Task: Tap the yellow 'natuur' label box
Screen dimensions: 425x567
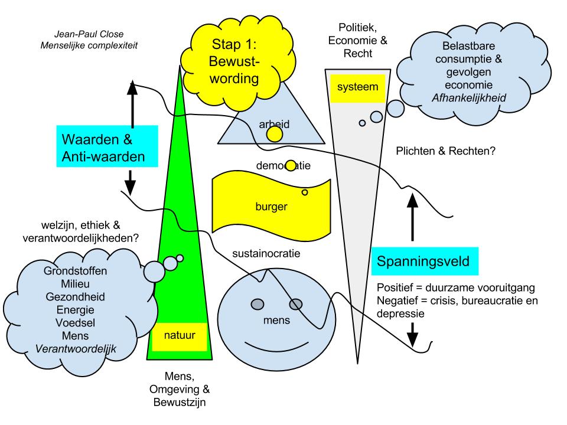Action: tap(180, 337)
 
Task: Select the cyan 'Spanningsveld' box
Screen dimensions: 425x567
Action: tap(425, 260)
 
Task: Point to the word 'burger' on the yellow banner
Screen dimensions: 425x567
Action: tap(271, 207)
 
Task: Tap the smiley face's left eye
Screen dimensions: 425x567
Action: tap(258, 304)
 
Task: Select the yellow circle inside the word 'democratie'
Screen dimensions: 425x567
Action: tap(290, 166)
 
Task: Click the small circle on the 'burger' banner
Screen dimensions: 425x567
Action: tap(305, 192)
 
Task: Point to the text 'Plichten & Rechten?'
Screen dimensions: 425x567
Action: tap(446, 151)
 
